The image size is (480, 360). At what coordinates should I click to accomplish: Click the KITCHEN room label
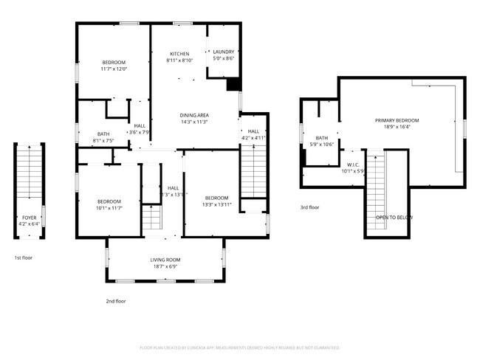(x=179, y=54)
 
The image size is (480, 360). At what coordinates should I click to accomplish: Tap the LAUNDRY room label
(x=223, y=51)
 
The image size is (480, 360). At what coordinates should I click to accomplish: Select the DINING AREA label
(x=194, y=115)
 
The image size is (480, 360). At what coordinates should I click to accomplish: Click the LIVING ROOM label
(x=165, y=260)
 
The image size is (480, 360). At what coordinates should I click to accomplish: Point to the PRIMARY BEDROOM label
(x=397, y=120)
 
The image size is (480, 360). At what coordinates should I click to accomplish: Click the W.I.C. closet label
(x=352, y=165)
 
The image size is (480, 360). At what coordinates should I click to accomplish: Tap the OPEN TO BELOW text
(x=394, y=218)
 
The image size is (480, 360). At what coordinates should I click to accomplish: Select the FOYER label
(x=29, y=218)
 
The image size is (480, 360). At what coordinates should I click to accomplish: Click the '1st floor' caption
(x=23, y=258)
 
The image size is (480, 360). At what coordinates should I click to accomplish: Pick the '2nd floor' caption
(x=116, y=301)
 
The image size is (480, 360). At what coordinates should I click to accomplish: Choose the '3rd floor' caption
(x=309, y=208)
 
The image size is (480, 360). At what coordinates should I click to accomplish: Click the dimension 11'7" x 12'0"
(x=114, y=69)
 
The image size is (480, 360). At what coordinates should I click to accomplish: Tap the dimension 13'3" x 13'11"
(x=217, y=204)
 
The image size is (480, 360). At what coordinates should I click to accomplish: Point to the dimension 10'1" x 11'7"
(x=109, y=209)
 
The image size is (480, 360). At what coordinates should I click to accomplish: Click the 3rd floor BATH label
(x=322, y=137)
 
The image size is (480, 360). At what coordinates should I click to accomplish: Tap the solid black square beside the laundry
(x=233, y=85)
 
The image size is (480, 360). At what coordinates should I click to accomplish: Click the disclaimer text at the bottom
(x=240, y=347)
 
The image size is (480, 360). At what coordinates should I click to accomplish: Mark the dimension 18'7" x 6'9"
(x=165, y=266)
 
